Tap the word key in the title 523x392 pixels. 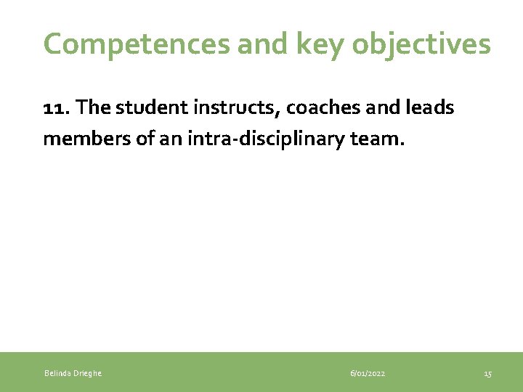point(314,44)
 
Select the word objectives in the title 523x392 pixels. point(421,44)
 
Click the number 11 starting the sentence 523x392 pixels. point(54,107)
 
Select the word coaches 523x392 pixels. point(320,107)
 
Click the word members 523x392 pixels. point(81,138)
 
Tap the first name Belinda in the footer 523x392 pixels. point(57,373)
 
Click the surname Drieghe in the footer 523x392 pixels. point(87,373)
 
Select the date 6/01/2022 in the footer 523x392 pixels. point(368,373)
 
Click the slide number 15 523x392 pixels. point(487,373)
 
